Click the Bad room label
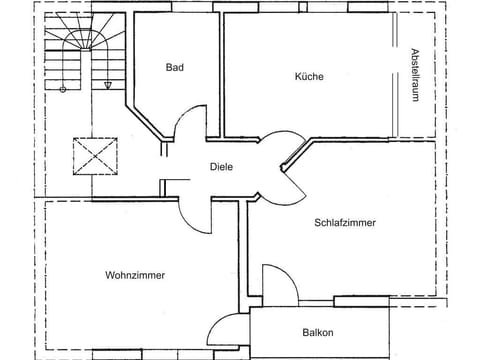(175, 67)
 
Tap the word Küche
(309, 76)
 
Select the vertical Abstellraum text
(413, 76)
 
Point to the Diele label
(221, 167)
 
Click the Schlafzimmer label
(345, 223)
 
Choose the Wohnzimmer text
(134, 275)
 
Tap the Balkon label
(317, 333)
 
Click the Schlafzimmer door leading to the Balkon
(277, 281)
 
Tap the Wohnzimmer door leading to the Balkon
(225, 328)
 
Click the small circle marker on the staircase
(63, 89)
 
